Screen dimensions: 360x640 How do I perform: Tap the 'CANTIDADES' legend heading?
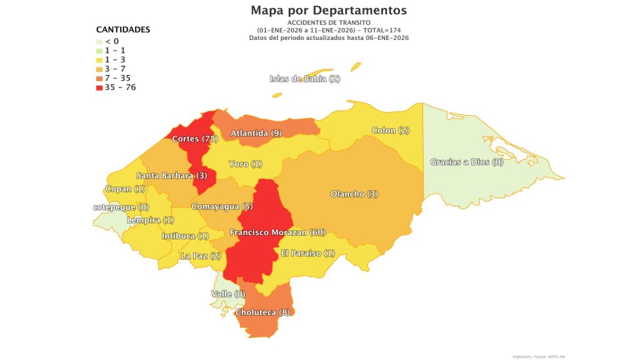[122, 29]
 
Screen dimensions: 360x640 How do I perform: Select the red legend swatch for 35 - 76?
[99, 87]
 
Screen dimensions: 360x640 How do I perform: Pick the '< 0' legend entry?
[112, 41]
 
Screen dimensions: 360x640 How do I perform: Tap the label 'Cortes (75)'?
[195, 139]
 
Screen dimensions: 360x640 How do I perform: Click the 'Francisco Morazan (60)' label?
[277, 232]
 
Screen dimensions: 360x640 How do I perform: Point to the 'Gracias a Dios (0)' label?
[467, 162]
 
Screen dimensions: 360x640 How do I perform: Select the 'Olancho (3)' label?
[354, 194]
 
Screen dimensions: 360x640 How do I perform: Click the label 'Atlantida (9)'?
[256, 133]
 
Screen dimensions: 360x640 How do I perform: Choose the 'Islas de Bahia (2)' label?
[305, 79]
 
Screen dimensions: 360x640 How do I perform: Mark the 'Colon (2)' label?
[391, 131]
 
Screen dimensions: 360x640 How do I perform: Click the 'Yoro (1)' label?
[246, 164]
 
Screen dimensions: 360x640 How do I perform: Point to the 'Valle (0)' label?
[229, 294]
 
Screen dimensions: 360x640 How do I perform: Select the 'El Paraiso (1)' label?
[309, 253]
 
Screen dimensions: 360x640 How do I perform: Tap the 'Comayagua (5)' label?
[222, 207]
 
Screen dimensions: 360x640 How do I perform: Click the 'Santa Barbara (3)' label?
[172, 176]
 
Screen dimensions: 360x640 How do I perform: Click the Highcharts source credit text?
[538, 356]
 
